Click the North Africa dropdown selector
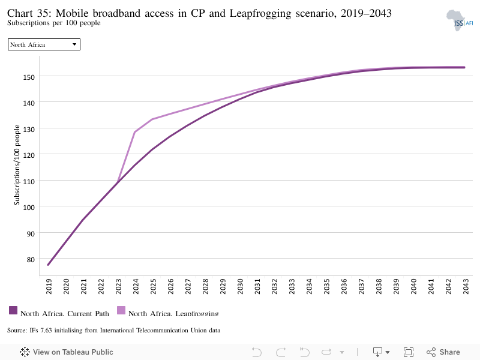(44, 44)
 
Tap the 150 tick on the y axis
(29, 77)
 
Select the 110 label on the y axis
(29, 182)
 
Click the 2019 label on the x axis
(49, 287)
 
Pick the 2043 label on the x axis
(466, 287)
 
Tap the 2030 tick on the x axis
(241, 287)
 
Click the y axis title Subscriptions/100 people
(17, 164)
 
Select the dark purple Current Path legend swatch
(13, 310)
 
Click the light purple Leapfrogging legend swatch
(121, 310)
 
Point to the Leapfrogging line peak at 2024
(134, 132)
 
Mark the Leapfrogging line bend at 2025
(152, 119)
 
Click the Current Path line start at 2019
(49, 265)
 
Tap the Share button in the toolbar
(443, 352)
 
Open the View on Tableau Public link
(67, 352)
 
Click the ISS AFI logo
(460, 20)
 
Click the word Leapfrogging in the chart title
(260, 14)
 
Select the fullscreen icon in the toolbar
(409, 352)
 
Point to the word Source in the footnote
(17, 331)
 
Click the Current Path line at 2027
(187, 125)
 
